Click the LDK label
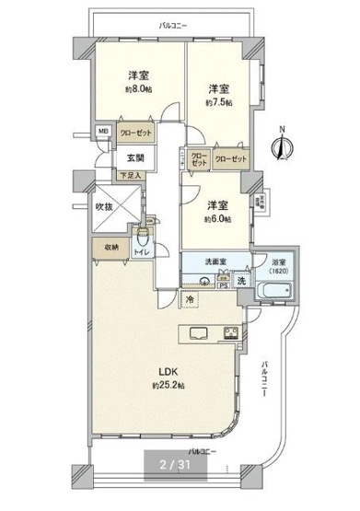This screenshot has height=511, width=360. (x=167, y=372)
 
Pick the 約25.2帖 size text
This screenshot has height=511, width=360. (x=167, y=386)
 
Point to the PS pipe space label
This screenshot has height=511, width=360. (x=222, y=285)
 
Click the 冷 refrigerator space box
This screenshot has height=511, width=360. (x=190, y=299)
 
